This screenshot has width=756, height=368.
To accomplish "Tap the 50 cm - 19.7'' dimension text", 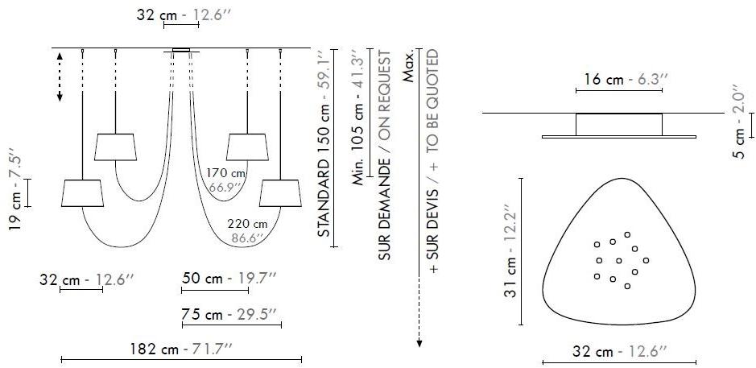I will pyautogui.click(x=229, y=278).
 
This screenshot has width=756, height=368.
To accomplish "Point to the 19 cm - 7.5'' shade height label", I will pyautogui.click(x=15, y=188).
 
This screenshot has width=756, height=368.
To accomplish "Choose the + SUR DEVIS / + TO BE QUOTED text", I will pyautogui.click(x=434, y=161).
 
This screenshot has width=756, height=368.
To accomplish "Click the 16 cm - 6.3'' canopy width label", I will pyautogui.click(x=620, y=80).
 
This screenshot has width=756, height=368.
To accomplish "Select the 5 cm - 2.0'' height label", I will pyautogui.click(x=742, y=118).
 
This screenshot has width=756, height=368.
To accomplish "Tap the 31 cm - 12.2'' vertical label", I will pyautogui.click(x=509, y=252).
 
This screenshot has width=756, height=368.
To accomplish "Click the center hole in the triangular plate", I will pyautogui.click(x=618, y=260).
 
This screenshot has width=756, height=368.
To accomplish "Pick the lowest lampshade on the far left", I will pyautogui.click(x=81, y=192).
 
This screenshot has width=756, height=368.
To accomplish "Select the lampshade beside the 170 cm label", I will pyautogui.click(x=246, y=147).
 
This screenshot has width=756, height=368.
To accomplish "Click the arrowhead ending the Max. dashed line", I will pyautogui.click(x=419, y=344).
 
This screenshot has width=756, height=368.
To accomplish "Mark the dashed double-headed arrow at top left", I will pyautogui.click(x=60, y=76).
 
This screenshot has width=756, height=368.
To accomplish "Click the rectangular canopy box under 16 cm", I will pyautogui.click(x=619, y=125).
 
